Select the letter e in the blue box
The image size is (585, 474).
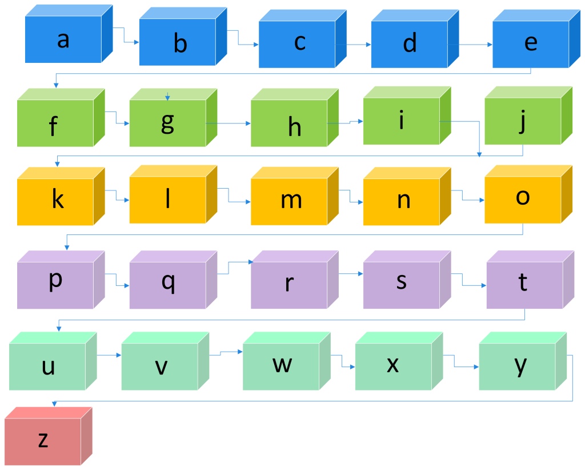[x=531, y=42]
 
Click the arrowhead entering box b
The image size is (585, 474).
[x=136, y=42]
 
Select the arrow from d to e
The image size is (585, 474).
[x=468, y=44]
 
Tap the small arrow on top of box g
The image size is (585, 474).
[x=167, y=97]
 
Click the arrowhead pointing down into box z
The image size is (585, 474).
[x=54, y=404]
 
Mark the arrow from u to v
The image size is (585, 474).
[x=109, y=355]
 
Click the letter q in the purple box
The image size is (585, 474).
[x=168, y=281]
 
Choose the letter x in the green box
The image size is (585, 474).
[x=392, y=364]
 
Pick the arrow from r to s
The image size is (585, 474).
[x=351, y=274]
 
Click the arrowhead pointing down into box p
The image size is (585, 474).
[x=67, y=248]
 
